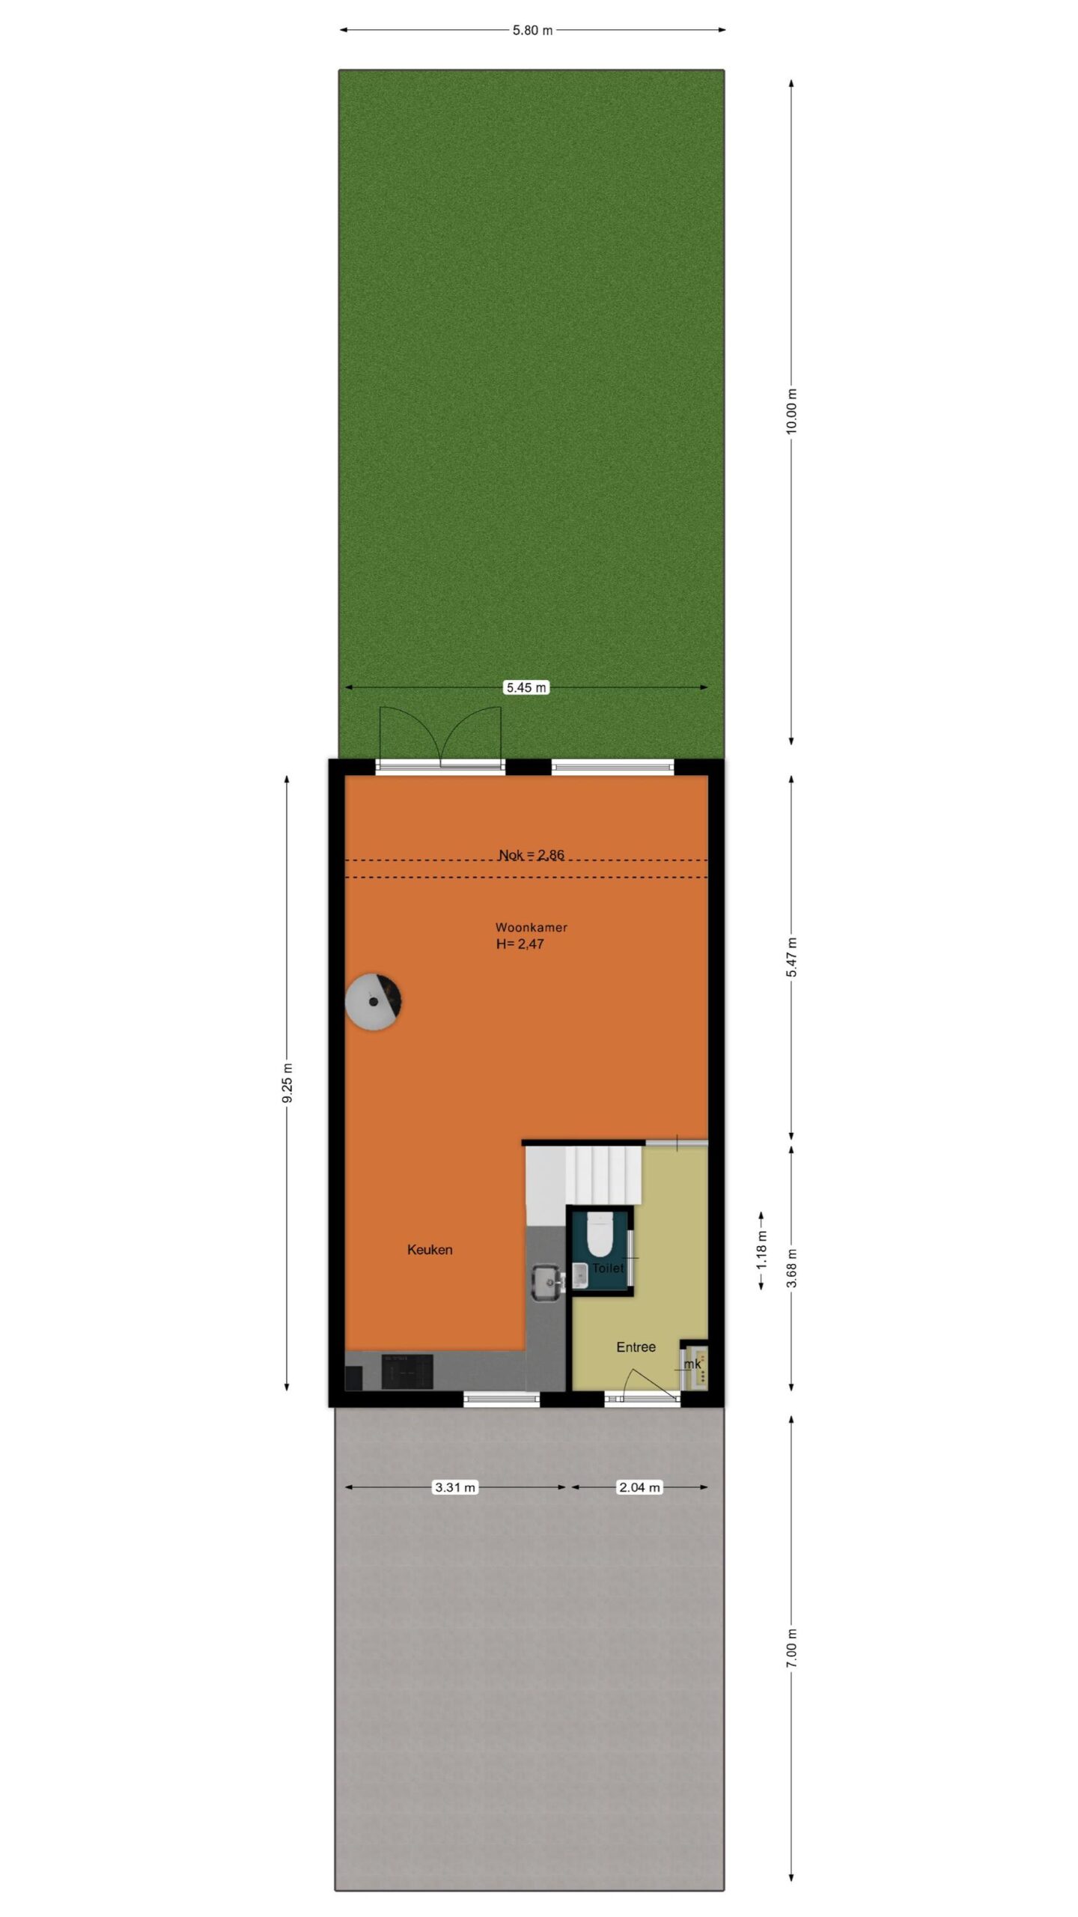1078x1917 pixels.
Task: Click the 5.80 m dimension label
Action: (532, 31)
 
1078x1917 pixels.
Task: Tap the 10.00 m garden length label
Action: (792, 411)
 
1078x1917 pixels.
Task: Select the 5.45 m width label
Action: (526, 687)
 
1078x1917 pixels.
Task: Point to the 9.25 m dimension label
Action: (287, 1084)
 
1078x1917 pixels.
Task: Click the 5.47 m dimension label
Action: (792, 957)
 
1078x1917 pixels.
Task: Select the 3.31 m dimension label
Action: (455, 1487)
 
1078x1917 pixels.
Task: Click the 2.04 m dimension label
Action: (639, 1487)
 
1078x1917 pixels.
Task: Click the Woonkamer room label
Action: (532, 927)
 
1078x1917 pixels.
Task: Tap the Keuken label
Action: (430, 1249)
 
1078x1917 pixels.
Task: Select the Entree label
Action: (636, 1346)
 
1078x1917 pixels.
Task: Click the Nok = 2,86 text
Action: (532, 854)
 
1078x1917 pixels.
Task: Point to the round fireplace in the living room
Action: (374, 1001)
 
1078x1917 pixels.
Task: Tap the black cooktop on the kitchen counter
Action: (407, 1372)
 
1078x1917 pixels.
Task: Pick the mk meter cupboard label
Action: (692, 1364)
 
